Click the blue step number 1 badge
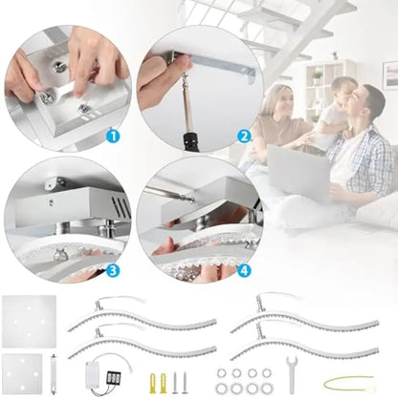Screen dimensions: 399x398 pyautogui.click(x=113, y=135)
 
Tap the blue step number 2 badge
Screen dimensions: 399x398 pyautogui.click(x=243, y=135)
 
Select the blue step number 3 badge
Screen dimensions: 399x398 pyautogui.click(x=113, y=270)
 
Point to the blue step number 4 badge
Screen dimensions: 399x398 pyautogui.click(x=243, y=270)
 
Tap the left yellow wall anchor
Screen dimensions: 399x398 pyautogui.click(x=153, y=380)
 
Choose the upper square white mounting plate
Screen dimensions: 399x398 pyautogui.click(x=24, y=319)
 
